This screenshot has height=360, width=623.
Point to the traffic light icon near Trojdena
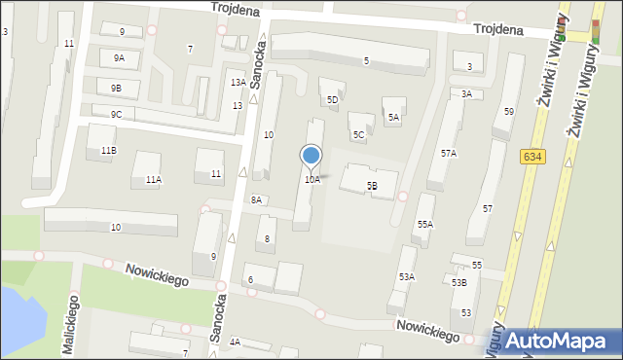point(597,32)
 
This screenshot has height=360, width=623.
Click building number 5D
point(332,99)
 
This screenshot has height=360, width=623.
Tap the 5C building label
point(358,134)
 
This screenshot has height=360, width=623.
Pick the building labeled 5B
point(371,184)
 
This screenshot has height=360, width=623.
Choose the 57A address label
point(448,153)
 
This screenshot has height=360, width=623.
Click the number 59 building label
point(508,112)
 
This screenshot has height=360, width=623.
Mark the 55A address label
point(425,224)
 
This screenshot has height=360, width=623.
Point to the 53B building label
point(458,282)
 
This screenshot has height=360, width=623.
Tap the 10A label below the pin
point(311,179)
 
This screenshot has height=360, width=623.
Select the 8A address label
point(256,199)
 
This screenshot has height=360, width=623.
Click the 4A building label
point(235,342)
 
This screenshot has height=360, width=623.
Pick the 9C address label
point(116,114)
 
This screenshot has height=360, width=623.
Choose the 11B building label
point(108,151)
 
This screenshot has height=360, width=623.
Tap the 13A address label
point(238,83)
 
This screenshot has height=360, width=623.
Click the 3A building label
point(466,93)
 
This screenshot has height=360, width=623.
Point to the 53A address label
point(406,276)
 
